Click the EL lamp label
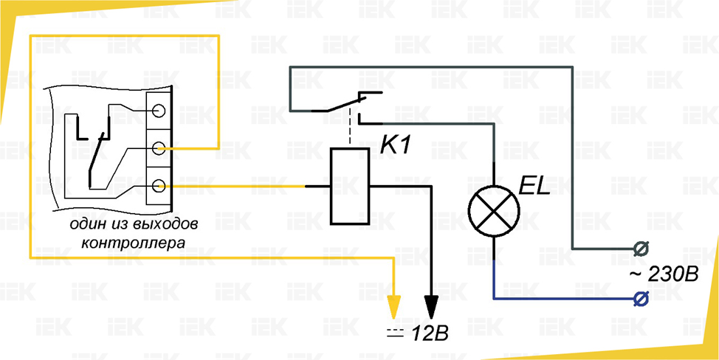535,187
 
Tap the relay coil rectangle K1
348,186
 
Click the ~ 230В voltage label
662,274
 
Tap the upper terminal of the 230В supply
641,247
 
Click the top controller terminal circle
159,111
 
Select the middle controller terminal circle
159,149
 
